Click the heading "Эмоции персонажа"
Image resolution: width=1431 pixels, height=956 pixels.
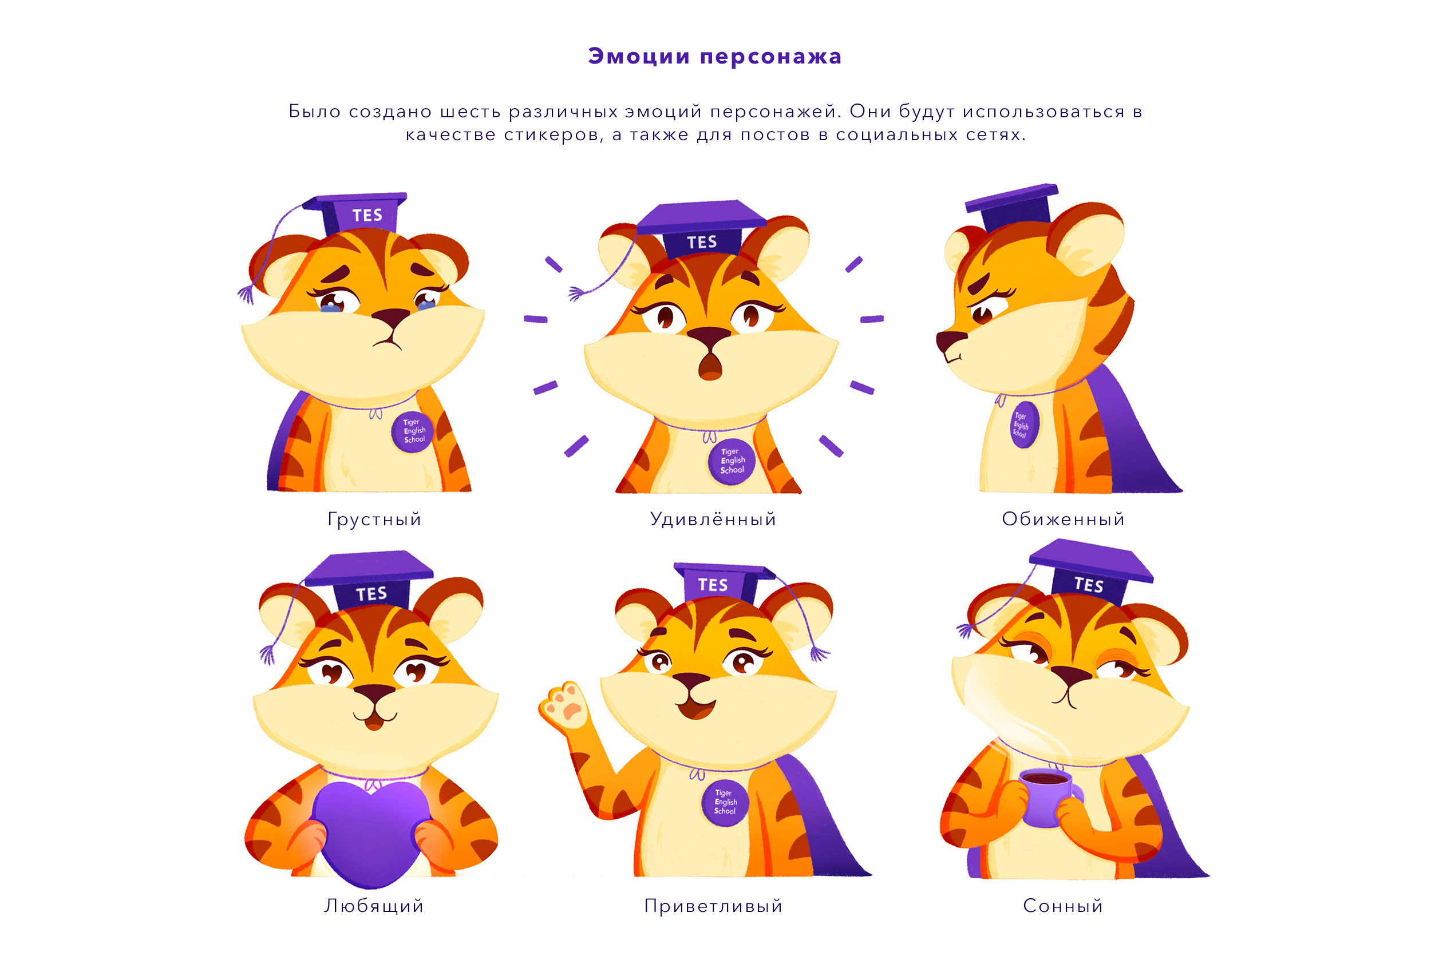(x=715, y=57)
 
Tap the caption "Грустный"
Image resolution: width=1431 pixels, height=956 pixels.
(x=374, y=519)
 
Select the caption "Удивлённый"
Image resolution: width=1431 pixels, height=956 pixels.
(x=713, y=519)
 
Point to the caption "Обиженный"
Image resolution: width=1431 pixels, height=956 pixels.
(x=1063, y=519)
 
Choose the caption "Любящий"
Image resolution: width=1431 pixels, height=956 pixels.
(x=374, y=906)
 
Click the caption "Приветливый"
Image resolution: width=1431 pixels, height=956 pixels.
(x=713, y=906)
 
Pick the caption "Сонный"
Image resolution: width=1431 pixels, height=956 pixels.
(x=1063, y=906)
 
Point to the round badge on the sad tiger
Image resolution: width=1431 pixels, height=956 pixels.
(x=412, y=432)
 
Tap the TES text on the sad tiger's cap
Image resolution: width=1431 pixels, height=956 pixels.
(x=367, y=215)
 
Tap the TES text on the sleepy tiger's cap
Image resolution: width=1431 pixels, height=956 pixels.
(x=1089, y=585)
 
